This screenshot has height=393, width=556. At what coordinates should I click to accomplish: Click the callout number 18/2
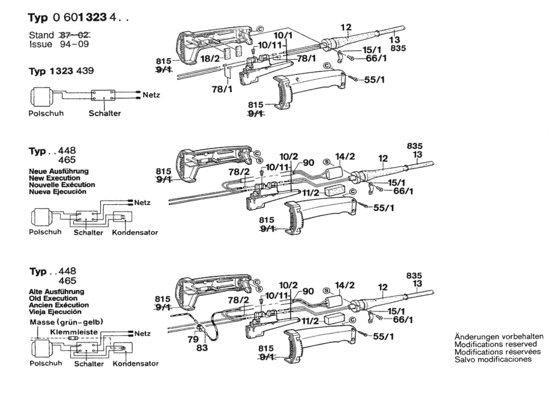tap(210, 59)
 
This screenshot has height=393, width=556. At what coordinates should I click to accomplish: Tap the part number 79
tap(193, 339)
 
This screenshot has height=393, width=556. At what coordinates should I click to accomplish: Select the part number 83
tap(202, 348)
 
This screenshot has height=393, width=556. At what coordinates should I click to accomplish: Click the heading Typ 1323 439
tap(61, 71)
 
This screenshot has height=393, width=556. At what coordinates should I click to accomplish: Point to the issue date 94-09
tap(74, 44)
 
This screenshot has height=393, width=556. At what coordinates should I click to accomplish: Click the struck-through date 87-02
tap(75, 35)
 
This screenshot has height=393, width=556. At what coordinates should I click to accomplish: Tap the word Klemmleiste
tap(74, 332)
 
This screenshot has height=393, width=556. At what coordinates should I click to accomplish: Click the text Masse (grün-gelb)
tap(66, 322)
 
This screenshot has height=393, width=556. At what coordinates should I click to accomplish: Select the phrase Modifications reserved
tap(496, 344)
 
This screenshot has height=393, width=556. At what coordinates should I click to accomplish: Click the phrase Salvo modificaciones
tap(493, 359)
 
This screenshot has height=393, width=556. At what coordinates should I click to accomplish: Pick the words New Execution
tap(54, 178)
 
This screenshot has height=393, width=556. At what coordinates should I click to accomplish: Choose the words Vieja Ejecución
tap(55, 312)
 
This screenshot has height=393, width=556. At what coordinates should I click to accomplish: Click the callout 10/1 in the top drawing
tap(283, 36)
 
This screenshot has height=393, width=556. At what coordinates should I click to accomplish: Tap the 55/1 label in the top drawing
tap(374, 80)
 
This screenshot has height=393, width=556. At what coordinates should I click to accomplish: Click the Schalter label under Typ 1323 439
tap(105, 113)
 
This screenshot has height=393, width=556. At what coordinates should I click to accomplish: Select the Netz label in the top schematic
tap(151, 95)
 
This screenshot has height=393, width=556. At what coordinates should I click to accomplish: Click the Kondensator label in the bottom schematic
tap(135, 364)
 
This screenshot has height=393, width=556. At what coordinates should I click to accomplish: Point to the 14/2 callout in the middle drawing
tap(345, 156)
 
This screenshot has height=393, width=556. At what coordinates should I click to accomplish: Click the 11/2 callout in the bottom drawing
tap(310, 321)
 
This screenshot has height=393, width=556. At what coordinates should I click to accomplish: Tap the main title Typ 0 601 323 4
tap(78, 18)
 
